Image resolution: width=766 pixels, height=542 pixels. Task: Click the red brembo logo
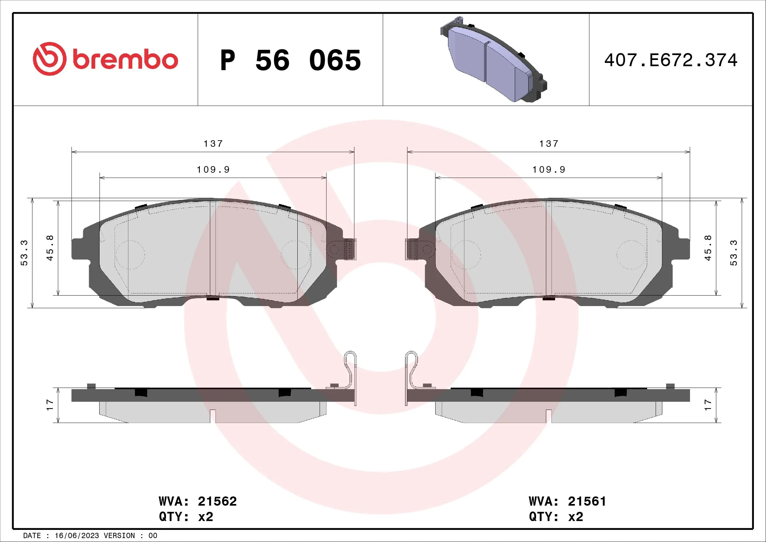[x=105, y=59]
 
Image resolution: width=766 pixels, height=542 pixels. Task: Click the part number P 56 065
[x=290, y=60]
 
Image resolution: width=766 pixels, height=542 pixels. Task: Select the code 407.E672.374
[x=671, y=60]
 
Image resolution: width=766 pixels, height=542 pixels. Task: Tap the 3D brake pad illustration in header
[x=493, y=59]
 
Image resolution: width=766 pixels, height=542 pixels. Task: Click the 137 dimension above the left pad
[x=213, y=144]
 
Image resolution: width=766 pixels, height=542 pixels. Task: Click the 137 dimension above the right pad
[x=549, y=144]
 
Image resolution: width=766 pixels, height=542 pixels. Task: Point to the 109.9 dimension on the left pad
[x=213, y=170]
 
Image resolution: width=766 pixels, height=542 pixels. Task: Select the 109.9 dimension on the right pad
[x=549, y=170]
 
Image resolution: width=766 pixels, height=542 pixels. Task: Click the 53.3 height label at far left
[x=24, y=253]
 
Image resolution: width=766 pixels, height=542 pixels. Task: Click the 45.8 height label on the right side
[x=708, y=248]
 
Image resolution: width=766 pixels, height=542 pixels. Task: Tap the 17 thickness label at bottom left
[x=50, y=405]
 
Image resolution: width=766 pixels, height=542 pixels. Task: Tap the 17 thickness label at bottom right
[x=708, y=405]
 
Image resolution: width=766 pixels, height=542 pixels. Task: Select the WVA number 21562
[x=217, y=501]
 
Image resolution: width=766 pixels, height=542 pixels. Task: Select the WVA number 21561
[x=587, y=501]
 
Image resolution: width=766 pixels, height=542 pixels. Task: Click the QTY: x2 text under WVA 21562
[x=186, y=517]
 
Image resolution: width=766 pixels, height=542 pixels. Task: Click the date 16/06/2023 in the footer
[x=77, y=536]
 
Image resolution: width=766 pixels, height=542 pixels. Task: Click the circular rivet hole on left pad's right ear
[x=334, y=249]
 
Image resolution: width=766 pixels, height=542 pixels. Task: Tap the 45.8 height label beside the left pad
[x=50, y=248]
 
